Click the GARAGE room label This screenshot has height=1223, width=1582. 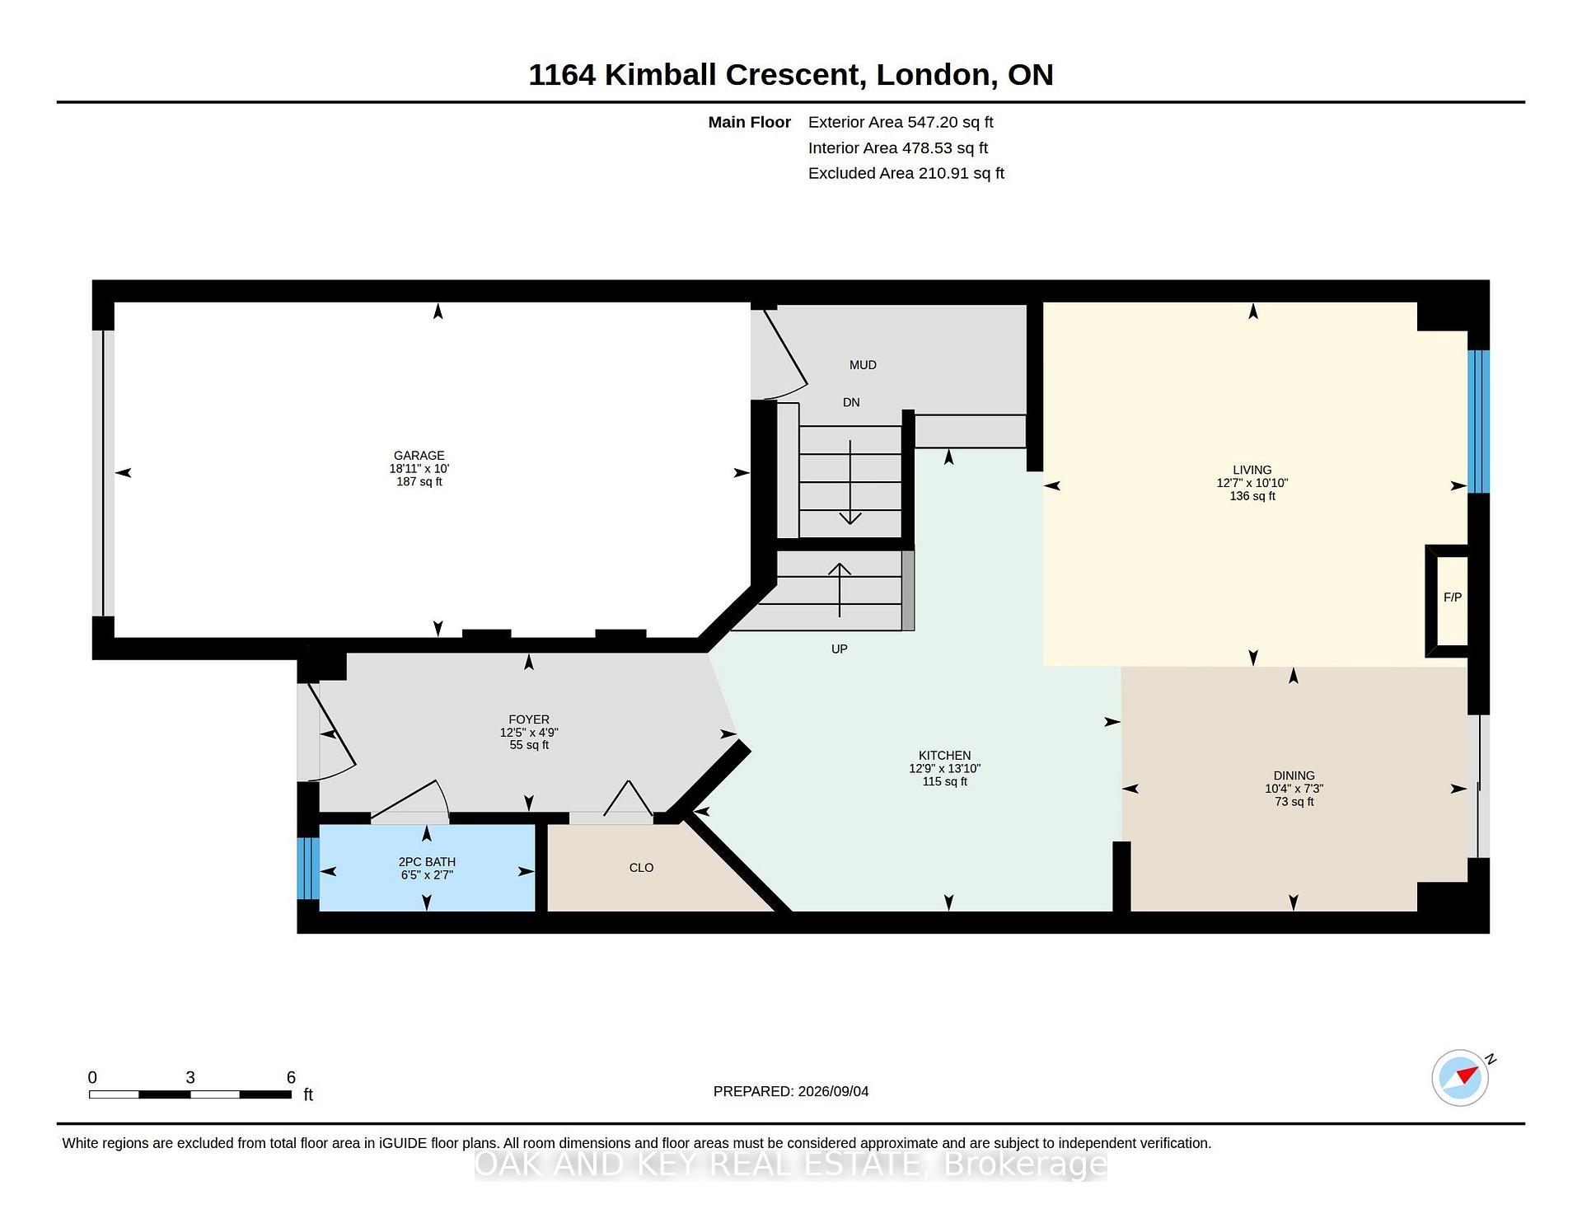coord(419,455)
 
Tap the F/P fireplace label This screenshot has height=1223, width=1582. coord(1453,597)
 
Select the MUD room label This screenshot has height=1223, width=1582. coord(863,364)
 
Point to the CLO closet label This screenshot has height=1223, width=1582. coord(641,867)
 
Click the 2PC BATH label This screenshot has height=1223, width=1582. coord(427,862)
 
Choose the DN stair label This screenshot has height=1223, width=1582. coord(851,402)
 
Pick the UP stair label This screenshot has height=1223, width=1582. coord(839,649)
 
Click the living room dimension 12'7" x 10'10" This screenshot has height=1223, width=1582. coord(1252,483)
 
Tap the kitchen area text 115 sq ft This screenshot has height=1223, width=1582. coord(945,781)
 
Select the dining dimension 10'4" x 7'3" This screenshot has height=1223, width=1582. coord(1294,789)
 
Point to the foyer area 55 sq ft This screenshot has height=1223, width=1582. coord(529,745)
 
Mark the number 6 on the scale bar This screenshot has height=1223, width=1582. coord(291,1077)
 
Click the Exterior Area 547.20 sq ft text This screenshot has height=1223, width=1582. coord(901,122)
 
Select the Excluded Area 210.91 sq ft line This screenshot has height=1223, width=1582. coord(906,173)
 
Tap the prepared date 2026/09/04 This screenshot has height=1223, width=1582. coord(833,1091)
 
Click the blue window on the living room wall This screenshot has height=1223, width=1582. coord(1479,422)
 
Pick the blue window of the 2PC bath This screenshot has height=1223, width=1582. coord(308,869)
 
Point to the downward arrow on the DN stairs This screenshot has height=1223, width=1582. coord(850,482)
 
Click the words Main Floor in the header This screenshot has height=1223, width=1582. coord(749,122)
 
